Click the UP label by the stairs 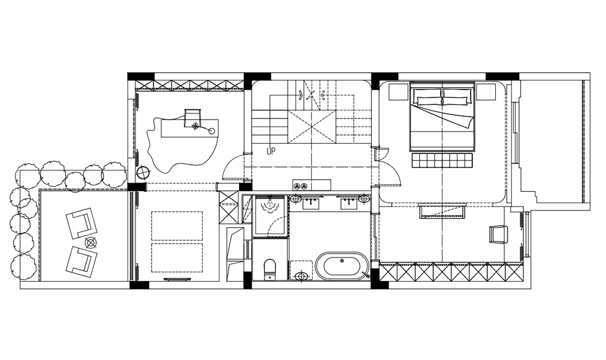(271, 151)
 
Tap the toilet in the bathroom (270, 268)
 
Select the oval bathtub (343, 266)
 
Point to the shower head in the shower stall (269, 206)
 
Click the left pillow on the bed (427, 96)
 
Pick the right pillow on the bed (458, 96)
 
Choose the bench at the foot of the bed (443, 160)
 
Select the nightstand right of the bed (486, 92)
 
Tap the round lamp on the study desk (212, 131)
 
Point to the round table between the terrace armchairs (91, 243)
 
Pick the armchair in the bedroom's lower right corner (498, 234)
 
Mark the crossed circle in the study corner (143, 173)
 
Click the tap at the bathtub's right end (366, 275)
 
